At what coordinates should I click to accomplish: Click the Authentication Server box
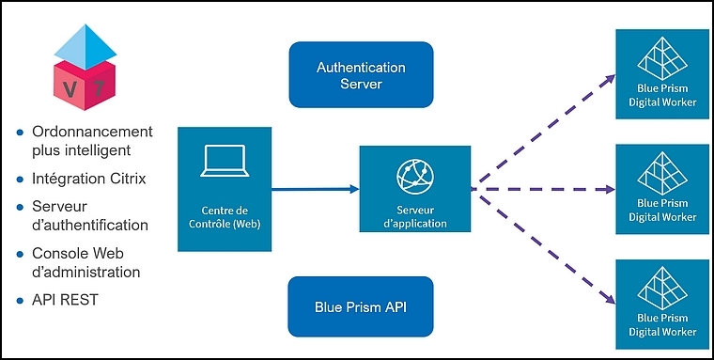[x=361, y=75]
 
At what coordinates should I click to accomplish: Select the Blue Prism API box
[x=361, y=306]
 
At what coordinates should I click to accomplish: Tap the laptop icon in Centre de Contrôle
[x=225, y=161]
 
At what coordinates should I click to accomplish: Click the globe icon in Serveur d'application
[x=415, y=178]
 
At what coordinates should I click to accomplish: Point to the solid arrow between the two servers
[x=315, y=189]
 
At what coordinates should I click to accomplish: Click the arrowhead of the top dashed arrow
[x=610, y=79]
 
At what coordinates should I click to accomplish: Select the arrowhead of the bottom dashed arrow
[x=610, y=299]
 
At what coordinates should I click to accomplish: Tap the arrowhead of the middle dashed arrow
[x=610, y=189]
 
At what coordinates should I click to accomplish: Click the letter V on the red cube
[x=70, y=89]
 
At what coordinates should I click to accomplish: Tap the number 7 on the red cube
[x=99, y=89]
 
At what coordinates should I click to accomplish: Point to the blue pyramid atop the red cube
[x=85, y=46]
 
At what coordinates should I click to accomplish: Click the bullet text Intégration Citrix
[x=89, y=179]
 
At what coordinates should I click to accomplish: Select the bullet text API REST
[x=65, y=300]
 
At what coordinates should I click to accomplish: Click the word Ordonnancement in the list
[x=92, y=132]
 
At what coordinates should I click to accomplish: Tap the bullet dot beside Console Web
[x=20, y=254]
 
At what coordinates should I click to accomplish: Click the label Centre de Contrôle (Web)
[x=225, y=218]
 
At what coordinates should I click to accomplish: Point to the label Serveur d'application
[x=415, y=217]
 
